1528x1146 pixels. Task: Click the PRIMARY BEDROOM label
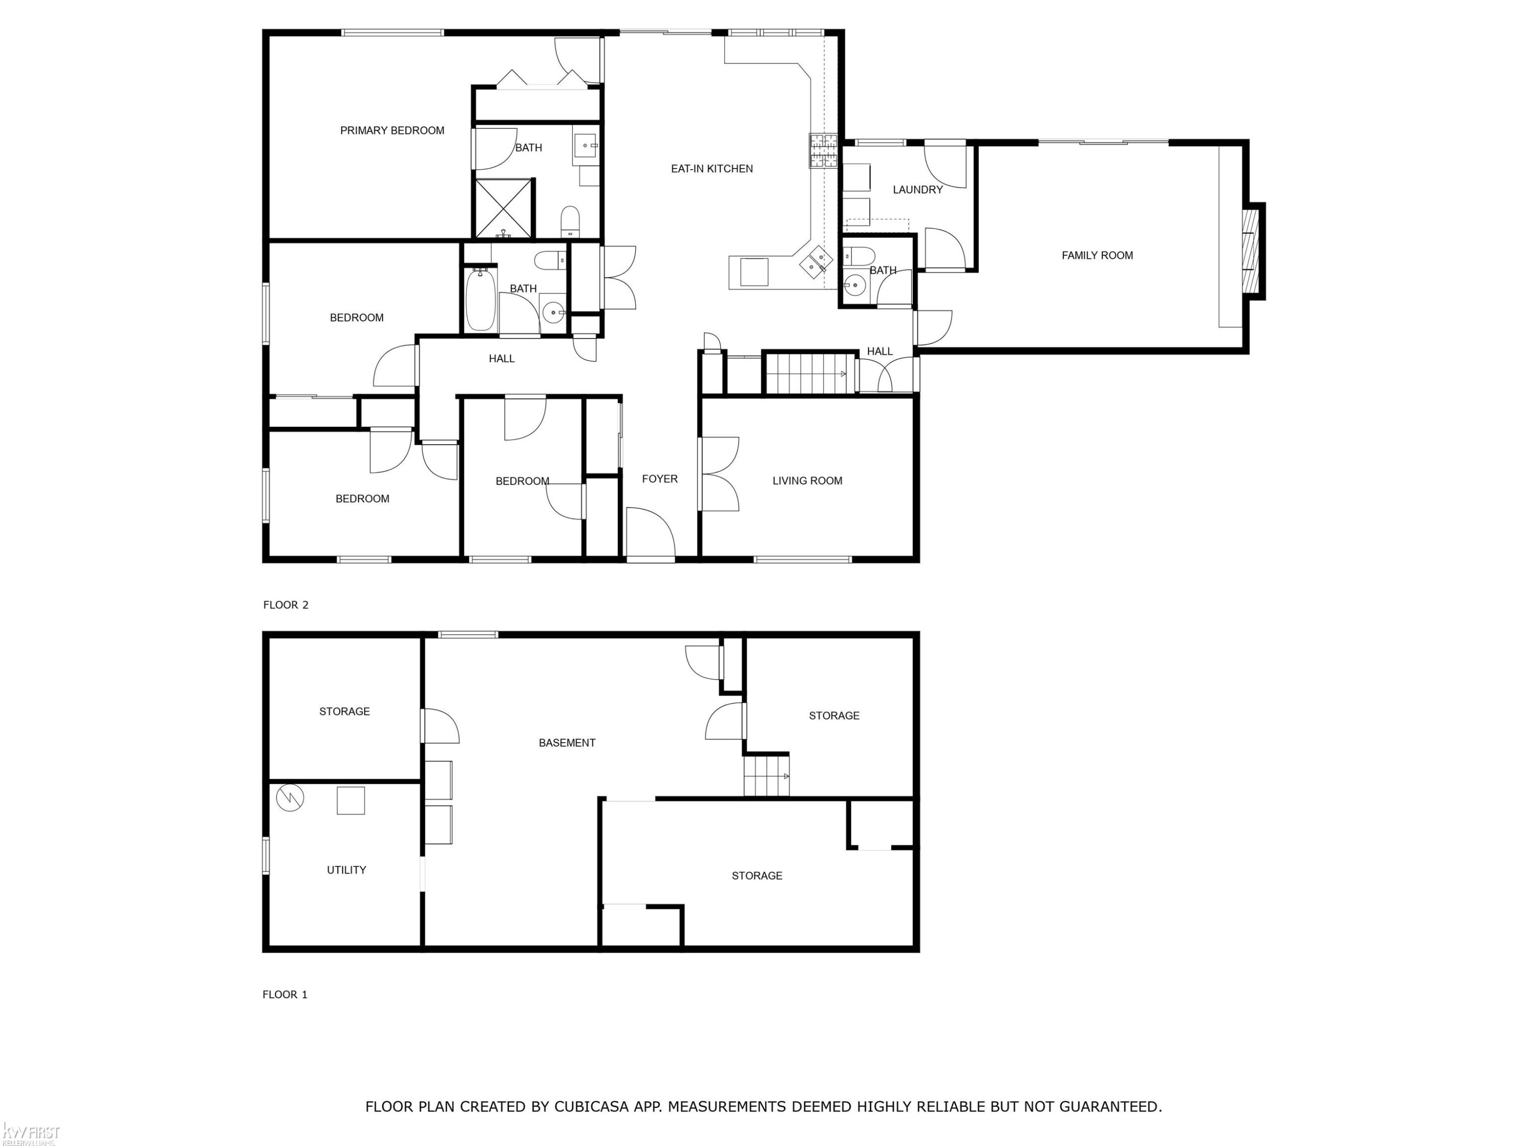[x=392, y=130]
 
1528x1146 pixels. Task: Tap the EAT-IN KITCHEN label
[x=712, y=169]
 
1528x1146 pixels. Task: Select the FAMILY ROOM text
[x=1097, y=256]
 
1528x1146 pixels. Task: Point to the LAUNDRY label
[x=917, y=190]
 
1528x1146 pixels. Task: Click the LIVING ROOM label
[x=807, y=481]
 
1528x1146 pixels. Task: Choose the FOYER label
[x=660, y=479]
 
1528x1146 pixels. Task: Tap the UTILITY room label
[x=346, y=870]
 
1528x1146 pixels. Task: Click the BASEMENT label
[x=566, y=743]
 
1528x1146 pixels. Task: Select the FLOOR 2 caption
[x=285, y=605]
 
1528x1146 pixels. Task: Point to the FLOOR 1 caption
[x=285, y=995]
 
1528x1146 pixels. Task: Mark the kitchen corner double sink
[x=816, y=262]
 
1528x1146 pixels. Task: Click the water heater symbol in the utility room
[x=290, y=798]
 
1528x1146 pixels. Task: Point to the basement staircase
[x=766, y=776]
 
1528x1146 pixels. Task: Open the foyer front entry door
[x=650, y=533]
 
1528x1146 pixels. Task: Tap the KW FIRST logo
[x=31, y=1134]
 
